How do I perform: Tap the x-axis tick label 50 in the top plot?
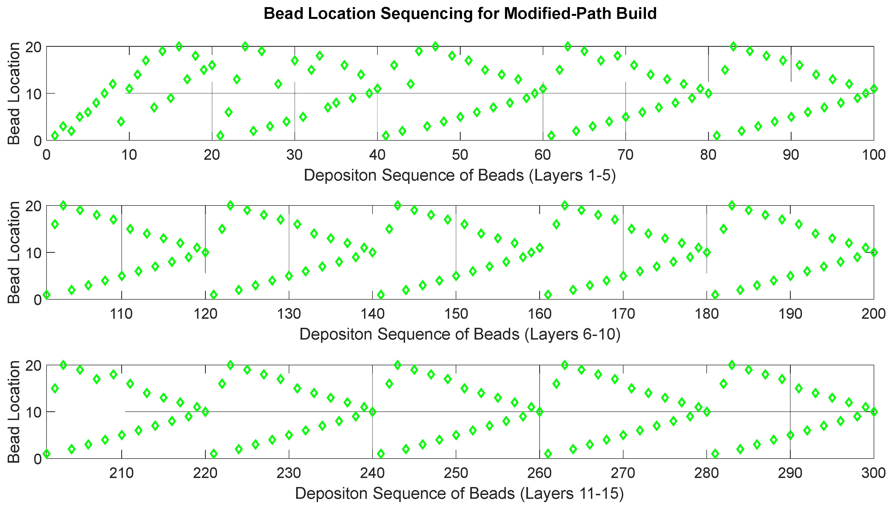[x=460, y=155]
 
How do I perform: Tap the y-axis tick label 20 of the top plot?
[x=34, y=47]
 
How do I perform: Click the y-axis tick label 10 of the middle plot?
[x=34, y=253]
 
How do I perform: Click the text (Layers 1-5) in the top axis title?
[x=572, y=175]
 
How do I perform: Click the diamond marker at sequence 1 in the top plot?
[x=55, y=136]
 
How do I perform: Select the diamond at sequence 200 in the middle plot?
[x=874, y=253]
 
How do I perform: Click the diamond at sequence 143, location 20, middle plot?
[x=397, y=205]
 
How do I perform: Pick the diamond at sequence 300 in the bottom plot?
[x=874, y=412]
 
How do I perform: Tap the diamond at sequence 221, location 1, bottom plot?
[x=213, y=454]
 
